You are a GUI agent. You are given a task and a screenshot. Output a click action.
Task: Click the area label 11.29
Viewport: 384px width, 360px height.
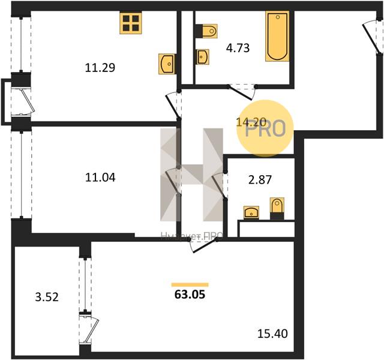100,67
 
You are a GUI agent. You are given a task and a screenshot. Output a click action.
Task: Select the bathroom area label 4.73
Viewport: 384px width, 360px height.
238,48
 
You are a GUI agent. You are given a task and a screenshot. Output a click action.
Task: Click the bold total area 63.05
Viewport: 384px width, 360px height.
190,295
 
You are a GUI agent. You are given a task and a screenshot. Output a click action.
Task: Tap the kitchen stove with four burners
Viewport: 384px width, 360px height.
130,23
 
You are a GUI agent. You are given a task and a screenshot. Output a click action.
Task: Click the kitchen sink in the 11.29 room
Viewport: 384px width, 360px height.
167,63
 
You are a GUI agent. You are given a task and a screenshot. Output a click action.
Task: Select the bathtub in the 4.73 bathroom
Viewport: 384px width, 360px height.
277,36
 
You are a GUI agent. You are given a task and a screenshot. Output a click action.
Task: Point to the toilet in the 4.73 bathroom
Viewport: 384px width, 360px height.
208,31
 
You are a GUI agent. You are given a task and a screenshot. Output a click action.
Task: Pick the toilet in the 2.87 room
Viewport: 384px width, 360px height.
277,208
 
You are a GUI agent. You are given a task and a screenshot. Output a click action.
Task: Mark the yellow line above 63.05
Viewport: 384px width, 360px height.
190,284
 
